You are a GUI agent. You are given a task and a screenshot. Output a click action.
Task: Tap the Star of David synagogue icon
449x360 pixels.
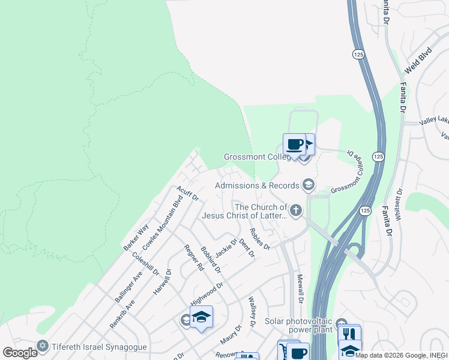click(42, 346)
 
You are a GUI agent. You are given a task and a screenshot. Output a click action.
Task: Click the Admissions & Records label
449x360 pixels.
click(257, 185)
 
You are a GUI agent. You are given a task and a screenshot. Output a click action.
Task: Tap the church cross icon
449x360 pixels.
click(295, 211)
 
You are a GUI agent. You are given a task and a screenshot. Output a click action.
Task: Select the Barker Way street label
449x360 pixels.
click(136, 238)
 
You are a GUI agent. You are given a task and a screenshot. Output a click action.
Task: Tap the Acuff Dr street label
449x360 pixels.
click(187, 193)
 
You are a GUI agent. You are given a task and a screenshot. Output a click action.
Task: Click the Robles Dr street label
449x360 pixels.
click(260, 238)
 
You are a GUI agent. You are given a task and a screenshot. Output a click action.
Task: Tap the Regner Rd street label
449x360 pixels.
click(194, 259)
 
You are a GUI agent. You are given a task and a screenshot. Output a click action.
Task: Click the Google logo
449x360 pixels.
click(20, 353)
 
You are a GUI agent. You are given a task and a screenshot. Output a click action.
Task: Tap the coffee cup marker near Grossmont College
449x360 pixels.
click(294, 145)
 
